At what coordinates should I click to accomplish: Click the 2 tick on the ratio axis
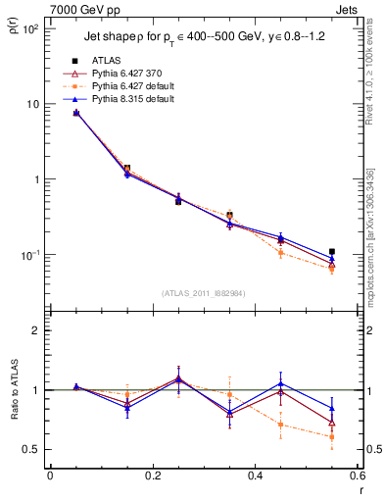pos(35,330)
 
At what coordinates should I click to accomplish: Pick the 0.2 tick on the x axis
pos(152,476)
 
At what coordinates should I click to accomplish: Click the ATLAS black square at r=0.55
pos(332,252)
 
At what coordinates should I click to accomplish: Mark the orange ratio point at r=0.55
pos(332,437)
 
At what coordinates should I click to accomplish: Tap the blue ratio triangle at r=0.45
pos(280,383)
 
